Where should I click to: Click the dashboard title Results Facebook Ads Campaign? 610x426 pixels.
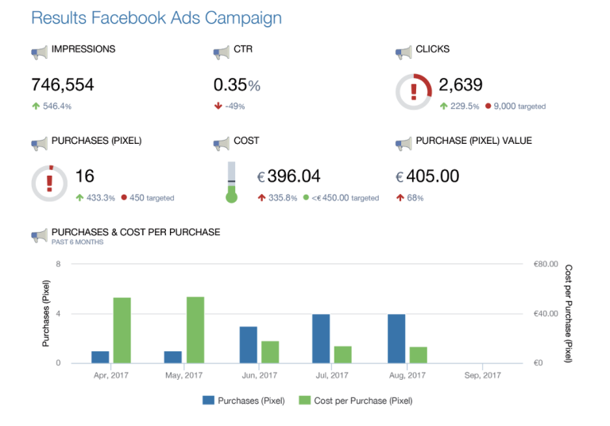(156, 17)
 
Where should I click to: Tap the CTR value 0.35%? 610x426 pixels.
(237, 85)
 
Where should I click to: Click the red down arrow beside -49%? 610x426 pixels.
(218, 106)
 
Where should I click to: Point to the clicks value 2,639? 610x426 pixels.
(461, 85)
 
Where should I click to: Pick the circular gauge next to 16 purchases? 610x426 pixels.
(49, 183)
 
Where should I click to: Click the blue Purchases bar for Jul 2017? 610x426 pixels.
(321, 339)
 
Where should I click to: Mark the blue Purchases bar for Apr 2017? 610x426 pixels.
(100, 357)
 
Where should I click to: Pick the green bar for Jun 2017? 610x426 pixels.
(269, 352)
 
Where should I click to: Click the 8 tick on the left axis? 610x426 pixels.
(59, 265)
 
